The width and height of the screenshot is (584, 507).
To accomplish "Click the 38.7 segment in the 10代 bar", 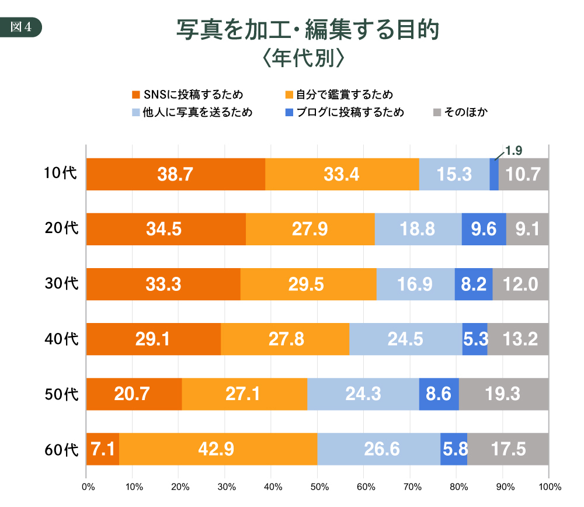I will pos(175,174).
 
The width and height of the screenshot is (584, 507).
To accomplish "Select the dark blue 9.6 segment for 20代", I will pos(484,229).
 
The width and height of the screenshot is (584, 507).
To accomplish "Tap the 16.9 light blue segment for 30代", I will pos(415,284).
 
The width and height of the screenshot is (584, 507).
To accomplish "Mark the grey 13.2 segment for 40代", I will pos(518,339).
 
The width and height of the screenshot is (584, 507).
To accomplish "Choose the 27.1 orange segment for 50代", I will pos(244,394).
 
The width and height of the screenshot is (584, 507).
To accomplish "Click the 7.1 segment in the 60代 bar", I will pos(103,449).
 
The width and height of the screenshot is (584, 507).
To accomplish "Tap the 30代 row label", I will pos(61,284).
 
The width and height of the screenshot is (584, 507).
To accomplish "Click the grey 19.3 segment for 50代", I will pos(503,394).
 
